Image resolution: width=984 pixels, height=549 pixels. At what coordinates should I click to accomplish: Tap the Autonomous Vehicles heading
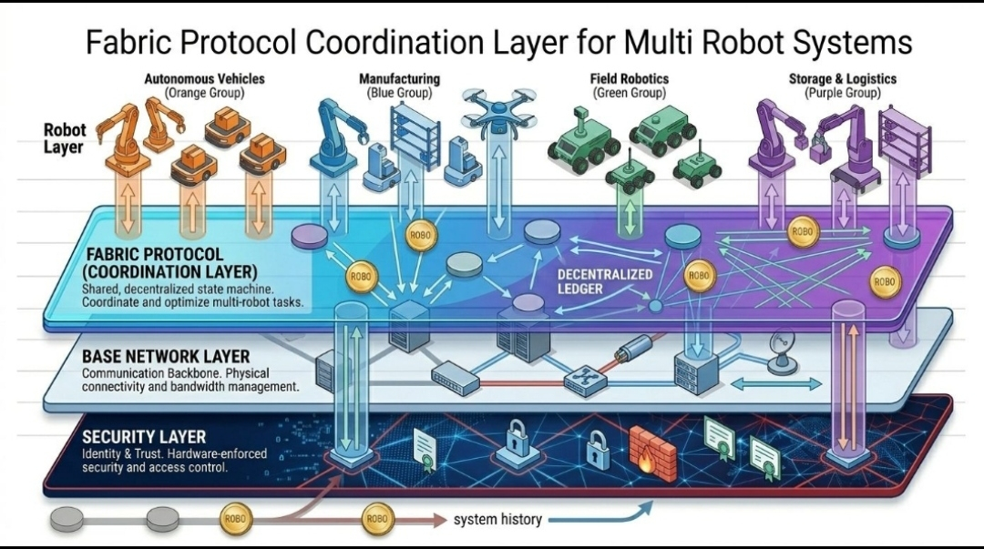pos(204,79)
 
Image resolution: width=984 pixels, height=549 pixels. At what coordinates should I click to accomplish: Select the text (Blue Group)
pos(399,93)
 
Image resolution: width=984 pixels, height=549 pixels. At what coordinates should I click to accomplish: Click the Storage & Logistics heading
pos(842,79)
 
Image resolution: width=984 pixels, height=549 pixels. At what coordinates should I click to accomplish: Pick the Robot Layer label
pos(64,138)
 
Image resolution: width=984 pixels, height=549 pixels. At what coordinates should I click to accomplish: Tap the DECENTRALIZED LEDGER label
pos(604,281)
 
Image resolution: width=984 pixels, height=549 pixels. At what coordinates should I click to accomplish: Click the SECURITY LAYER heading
pos(143,437)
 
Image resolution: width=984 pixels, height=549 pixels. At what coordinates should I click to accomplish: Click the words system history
pos(497,520)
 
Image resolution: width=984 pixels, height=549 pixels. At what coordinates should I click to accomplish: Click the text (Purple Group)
pos(842,93)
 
